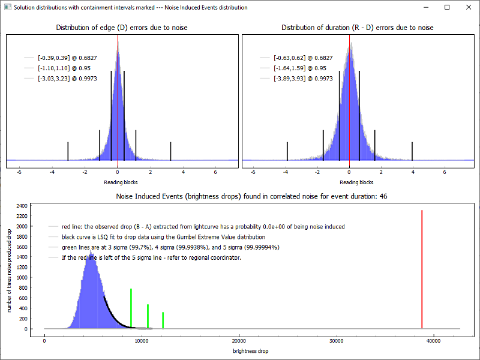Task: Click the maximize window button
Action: pos(447,7)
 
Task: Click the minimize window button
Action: pos(426,7)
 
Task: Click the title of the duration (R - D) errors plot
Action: pos(358,28)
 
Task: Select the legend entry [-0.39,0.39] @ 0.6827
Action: pos(67,58)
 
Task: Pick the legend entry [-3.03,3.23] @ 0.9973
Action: pos(67,78)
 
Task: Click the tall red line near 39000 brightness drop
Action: pos(422,270)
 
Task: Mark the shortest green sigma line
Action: pos(163,320)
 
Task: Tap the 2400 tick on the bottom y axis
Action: pos(21,206)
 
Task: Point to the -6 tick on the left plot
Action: pos(19,171)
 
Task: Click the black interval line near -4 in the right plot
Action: pos(287,151)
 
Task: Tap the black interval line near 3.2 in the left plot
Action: pos(171,151)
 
